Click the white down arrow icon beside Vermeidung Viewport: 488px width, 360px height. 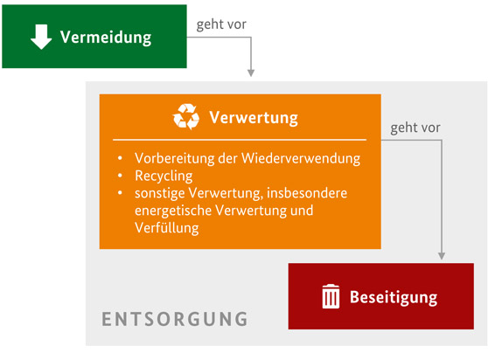click(x=41, y=37)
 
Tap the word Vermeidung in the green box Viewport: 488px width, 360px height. click(x=106, y=38)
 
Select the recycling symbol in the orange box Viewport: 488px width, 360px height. click(x=186, y=116)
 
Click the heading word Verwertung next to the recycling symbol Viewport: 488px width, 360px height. click(x=254, y=118)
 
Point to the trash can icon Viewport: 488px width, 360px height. click(x=331, y=296)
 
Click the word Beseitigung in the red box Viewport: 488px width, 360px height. click(x=394, y=297)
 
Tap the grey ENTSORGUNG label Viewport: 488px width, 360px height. click(x=175, y=319)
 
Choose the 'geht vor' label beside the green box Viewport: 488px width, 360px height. click(x=221, y=24)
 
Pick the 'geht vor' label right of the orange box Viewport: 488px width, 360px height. click(x=415, y=128)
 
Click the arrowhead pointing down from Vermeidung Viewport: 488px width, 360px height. click(x=251, y=73)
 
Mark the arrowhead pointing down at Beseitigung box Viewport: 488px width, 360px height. click(x=442, y=256)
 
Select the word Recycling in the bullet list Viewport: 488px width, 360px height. click(x=164, y=177)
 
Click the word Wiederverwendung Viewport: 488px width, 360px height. click(x=301, y=158)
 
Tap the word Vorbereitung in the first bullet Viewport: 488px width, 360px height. click(x=175, y=158)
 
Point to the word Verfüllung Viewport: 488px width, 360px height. click(x=167, y=228)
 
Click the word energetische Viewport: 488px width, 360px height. click(x=173, y=211)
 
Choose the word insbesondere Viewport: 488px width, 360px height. click(x=307, y=193)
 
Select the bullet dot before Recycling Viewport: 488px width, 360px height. click(x=120, y=176)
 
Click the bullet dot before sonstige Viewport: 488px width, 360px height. click(x=120, y=193)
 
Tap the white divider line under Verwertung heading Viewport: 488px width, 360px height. click(x=240, y=140)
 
